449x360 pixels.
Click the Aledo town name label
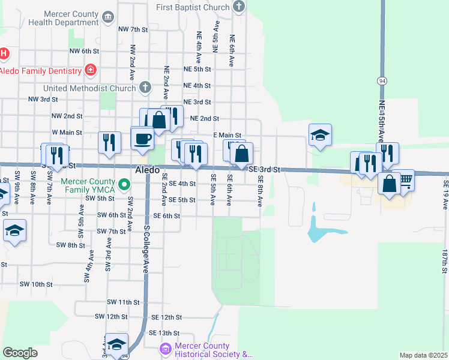point(147,170)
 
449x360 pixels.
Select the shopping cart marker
point(406,179)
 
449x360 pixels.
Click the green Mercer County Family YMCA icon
point(124,184)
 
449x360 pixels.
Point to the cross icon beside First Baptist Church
point(239,7)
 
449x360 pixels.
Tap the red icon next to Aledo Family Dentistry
point(91,71)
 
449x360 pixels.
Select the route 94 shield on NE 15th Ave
point(382,80)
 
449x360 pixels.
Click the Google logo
point(20,352)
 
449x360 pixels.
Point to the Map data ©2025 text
point(423,355)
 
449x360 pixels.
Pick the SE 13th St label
point(165,333)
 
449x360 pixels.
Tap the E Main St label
point(228,136)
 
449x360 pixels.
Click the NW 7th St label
point(133,29)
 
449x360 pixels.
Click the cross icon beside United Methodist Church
point(144,88)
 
